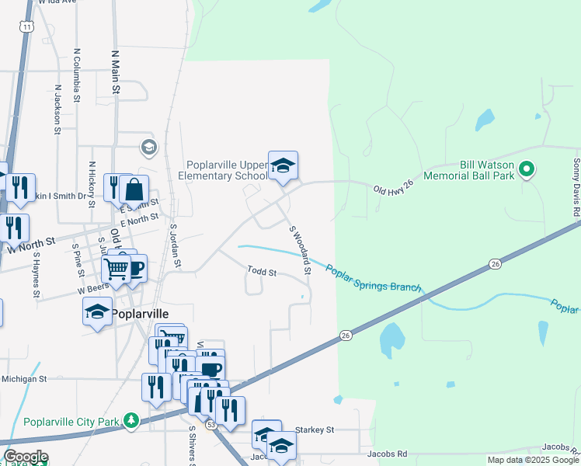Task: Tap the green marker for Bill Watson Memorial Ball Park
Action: click(x=527, y=169)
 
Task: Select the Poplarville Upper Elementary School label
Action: click(x=227, y=170)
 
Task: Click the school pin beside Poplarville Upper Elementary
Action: click(x=284, y=165)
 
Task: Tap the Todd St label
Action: click(x=263, y=272)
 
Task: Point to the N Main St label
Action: click(x=115, y=73)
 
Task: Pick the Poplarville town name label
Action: click(x=140, y=313)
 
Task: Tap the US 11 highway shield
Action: click(x=28, y=26)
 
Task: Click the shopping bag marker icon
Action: click(x=134, y=189)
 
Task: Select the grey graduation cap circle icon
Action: click(x=148, y=147)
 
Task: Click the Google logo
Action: click(x=26, y=457)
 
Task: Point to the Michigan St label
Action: click(x=25, y=379)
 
